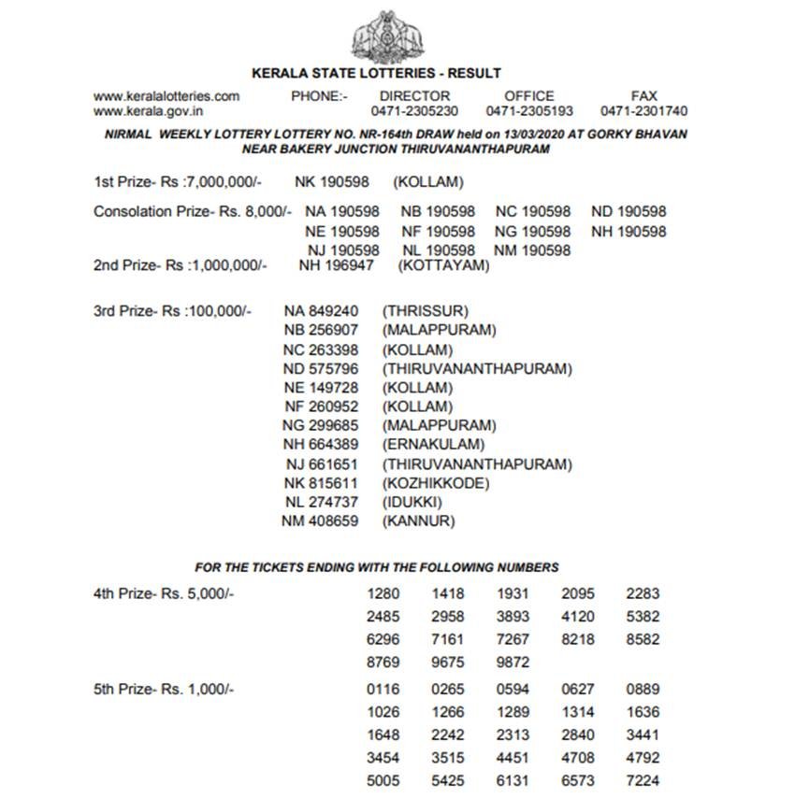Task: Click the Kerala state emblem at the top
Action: click(x=385, y=35)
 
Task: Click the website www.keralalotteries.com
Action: click(x=166, y=96)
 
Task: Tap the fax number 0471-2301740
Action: click(x=644, y=111)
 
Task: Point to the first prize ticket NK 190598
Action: click(x=332, y=182)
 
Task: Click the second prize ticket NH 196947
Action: click(x=336, y=266)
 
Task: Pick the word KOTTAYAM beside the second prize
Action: click(x=444, y=266)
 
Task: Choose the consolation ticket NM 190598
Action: click(x=532, y=250)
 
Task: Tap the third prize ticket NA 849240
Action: click(x=321, y=310)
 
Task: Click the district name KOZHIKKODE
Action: click(x=436, y=483)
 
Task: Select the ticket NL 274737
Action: click(x=321, y=503)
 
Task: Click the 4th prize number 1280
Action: click(x=383, y=593)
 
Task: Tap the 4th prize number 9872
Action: click(x=513, y=663)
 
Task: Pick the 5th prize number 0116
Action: click(x=383, y=690)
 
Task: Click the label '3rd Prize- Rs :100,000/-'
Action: click(x=173, y=310)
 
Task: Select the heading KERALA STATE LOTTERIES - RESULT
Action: click(x=377, y=73)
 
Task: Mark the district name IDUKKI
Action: click(x=412, y=503)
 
